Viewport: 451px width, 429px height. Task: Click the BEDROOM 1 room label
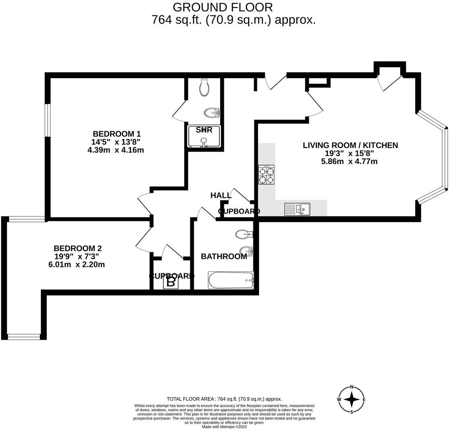(x=117, y=134)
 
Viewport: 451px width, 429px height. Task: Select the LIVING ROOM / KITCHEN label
(x=350, y=145)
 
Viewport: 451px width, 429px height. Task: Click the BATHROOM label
(x=224, y=256)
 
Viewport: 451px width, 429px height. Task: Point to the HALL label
(x=221, y=196)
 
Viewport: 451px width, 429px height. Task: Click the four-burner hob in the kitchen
(x=266, y=175)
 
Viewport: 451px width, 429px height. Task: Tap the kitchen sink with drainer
(x=297, y=209)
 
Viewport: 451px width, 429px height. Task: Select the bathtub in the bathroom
(x=231, y=280)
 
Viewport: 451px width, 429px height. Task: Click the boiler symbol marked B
(x=171, y=282)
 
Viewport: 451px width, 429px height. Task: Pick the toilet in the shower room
(x=205, y=87)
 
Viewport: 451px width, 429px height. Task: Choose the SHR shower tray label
(x=204, y=130)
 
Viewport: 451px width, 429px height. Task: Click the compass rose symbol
(x=352, y=400)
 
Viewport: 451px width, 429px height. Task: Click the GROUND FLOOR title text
(x=223, y=7)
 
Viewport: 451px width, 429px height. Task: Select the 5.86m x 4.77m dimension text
(x=349, y=161)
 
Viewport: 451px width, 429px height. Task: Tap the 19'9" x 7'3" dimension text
(x=77, y=256)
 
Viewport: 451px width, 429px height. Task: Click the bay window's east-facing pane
(x=446, y=159)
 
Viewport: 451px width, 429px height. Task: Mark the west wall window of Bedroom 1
(x=48, y=120)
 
